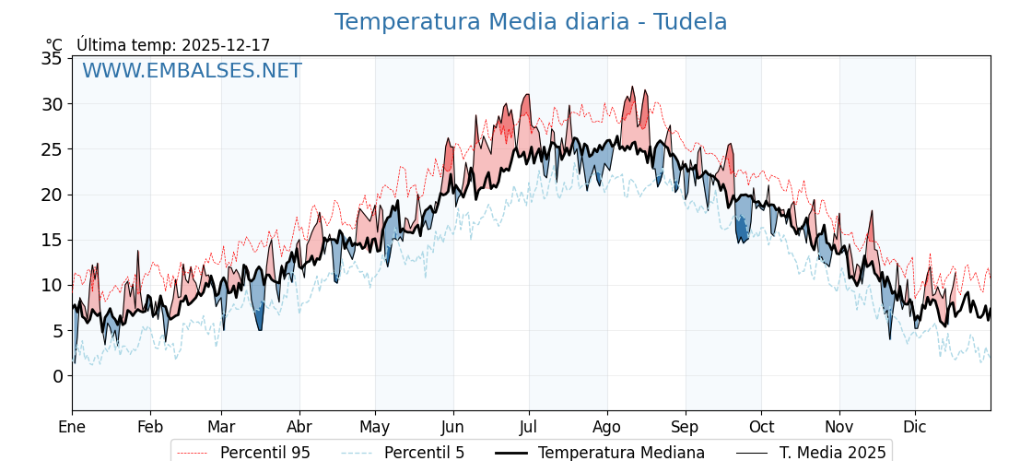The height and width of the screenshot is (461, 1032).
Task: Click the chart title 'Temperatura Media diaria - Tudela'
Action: pyautogui.click(x=531, y=22)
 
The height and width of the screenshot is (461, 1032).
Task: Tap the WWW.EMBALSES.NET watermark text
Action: pyautogui.click(x=192, y=71)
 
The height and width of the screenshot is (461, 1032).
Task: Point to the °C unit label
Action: pyautogui.click(x=53, y=45)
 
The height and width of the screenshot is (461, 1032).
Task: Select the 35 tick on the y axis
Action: pyautogui.click(x=52, y=58)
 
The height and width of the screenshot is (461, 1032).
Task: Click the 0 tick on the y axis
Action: pyautogui.click(x=57, y=376)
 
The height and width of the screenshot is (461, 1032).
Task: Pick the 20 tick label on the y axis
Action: pyautogui.click(x=52, y=195)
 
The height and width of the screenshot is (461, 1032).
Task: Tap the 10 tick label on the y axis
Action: pyautogui.click(x=52, y=285)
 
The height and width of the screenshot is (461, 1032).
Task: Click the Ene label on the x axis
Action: pyautogui.click(x=72, y=427)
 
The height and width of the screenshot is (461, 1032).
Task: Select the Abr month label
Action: pyautogui.click(x=299, y=427)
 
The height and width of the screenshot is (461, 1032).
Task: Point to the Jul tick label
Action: pyautogui.click(x=529, y=427)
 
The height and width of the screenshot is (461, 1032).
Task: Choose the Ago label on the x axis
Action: pyautogui.click(x=607, y=427)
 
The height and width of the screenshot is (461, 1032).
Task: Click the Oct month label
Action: pyautogui.click(x=761, y=427)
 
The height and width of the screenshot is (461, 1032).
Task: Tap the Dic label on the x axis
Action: pyautogui.click(x=915, y=427)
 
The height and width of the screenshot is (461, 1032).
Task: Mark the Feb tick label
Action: pyautogui.click(x=150, y=427)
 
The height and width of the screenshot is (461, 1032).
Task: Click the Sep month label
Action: pyautogui.click(x=685, y=427)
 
